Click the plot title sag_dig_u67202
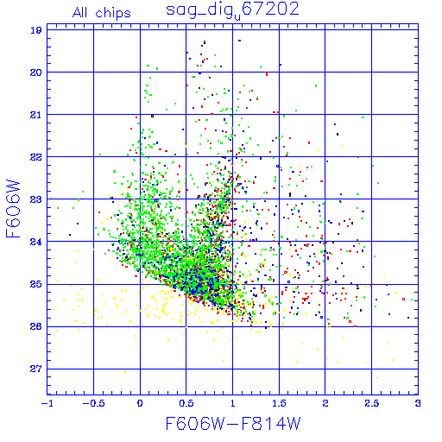tap(232, 11)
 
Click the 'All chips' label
tap(102, 13)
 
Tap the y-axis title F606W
tap(13, 209)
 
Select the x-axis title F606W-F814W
tap(233, 424)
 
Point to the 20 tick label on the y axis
tap(36, 73)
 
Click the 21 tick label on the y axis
tap(36, 115)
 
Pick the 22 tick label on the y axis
tap(36, 157)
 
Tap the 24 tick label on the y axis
tap(36, 242)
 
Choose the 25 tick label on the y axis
tap(36, 285)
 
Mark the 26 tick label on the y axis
tap(36, 326)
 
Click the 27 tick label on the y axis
tap(36, 369)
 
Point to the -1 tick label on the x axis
tap(47, 403)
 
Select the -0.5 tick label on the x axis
tap(93, 403)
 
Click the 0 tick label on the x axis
tap(140, 403)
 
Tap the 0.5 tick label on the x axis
tap(186, 403)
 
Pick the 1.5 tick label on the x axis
tap(279, 403)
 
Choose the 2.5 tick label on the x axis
tap(372, 403)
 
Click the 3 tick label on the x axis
tap(418, 403)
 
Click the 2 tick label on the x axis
tap(325, 403)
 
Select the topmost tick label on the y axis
tap(36, 30)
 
